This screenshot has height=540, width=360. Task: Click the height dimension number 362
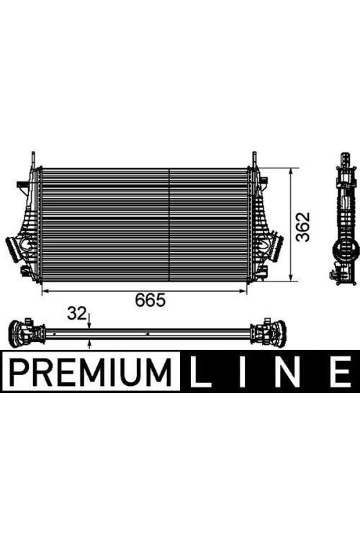click(305, 226)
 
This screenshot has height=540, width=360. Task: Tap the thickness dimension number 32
click(76, 313)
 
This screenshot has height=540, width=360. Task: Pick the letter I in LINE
click(246, 372)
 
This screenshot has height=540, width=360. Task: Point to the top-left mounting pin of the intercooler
click(32, 158)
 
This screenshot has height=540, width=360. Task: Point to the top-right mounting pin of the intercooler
click(254, 158)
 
